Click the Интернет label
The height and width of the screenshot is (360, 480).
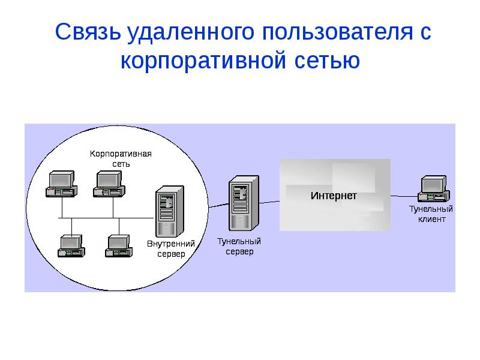pyautogui.click(x=334, y=196)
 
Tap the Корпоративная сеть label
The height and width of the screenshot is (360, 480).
pyautogui.click(x=121, y=158)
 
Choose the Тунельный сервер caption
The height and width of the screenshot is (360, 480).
pyautogui.click(x=239, y=247)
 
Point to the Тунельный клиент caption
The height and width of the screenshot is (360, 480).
pyautogui.click(x=431, y=214)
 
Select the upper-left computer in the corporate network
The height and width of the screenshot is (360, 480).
pyautogui.click(x=61, y=184)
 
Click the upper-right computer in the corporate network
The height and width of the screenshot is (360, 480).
pyautogui.click(x=109, y=184)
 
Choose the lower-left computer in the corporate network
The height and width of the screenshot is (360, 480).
pyautogui.click(x=72, y=246)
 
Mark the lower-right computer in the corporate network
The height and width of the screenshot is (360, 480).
pyautogui.click(x=119, y=246)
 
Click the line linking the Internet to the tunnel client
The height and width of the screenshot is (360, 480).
pyautogui.click(x=404, y=196)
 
